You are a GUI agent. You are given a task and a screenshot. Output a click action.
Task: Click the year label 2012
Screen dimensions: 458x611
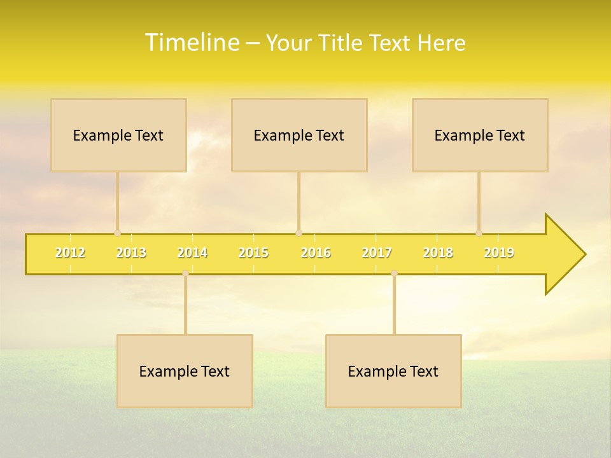pos(70,253)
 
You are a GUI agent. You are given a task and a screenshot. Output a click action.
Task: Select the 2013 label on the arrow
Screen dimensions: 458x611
pos(131,253)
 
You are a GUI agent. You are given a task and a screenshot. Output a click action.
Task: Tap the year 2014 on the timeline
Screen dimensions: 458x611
pos(192,253)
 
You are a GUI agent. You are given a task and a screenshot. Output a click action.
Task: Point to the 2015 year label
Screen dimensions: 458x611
pos(253,253)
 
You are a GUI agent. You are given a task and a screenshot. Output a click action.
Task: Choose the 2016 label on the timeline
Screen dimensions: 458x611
pos(316,253)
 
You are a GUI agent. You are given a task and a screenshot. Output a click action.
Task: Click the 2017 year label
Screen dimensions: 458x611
pos(377,253)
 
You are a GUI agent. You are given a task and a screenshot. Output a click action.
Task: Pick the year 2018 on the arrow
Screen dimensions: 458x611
pos(438,253)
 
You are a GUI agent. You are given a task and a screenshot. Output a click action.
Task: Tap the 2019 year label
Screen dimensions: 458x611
pos(499,253)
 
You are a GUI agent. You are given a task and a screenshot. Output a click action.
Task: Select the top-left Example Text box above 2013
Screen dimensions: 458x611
pos(118,135)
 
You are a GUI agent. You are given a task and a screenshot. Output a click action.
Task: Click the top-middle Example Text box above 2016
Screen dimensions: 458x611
pos(299,135)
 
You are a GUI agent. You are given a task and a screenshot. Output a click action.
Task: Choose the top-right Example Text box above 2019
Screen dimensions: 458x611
pos(480,135)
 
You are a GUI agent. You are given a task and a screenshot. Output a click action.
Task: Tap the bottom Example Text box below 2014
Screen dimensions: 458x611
pos(185,371)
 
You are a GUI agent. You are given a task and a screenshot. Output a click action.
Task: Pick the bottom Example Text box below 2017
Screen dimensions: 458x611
pos(393,371)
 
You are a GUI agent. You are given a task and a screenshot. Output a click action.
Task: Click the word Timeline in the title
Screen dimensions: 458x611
pos(192,43)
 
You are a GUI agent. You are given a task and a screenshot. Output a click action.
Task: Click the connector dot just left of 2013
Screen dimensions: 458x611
pos(117,233)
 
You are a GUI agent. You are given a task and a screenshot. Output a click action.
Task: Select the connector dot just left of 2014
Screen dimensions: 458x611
pos(185,273)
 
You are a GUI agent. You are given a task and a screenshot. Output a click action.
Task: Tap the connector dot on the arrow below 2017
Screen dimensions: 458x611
pos(394,273)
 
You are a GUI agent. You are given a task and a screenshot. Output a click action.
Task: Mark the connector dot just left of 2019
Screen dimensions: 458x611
pos(479,233)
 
